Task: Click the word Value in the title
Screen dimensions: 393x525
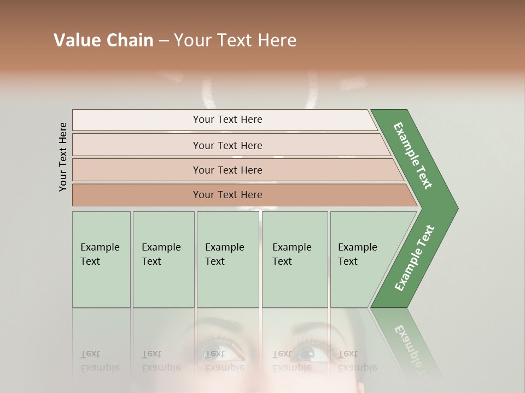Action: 76,40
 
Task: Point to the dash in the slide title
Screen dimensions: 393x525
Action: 164,41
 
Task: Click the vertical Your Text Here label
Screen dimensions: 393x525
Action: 63,157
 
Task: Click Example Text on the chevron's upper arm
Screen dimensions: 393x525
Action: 413,156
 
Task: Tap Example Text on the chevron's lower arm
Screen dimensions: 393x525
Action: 414,258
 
